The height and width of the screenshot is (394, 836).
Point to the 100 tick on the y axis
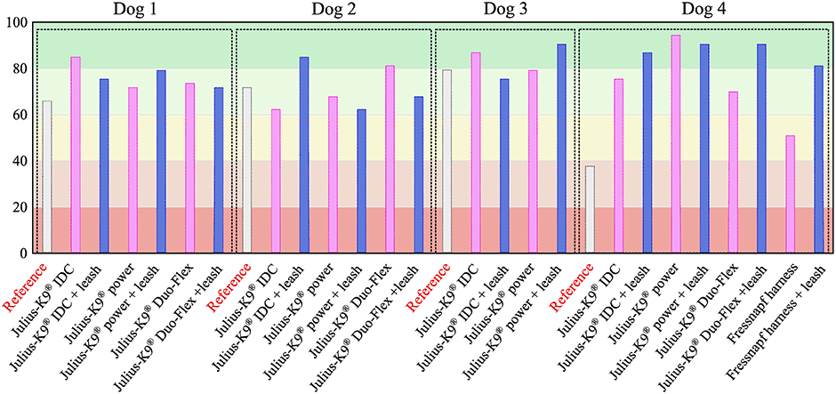15,23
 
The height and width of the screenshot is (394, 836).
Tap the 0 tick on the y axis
22,253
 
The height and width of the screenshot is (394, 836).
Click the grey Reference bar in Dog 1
47,177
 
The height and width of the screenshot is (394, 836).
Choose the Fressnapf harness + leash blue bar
818,159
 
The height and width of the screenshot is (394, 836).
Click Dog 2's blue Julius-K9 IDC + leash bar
304,155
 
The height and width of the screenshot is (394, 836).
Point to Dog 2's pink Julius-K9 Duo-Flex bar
390,159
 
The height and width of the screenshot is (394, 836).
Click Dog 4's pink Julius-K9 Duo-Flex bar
732,173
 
